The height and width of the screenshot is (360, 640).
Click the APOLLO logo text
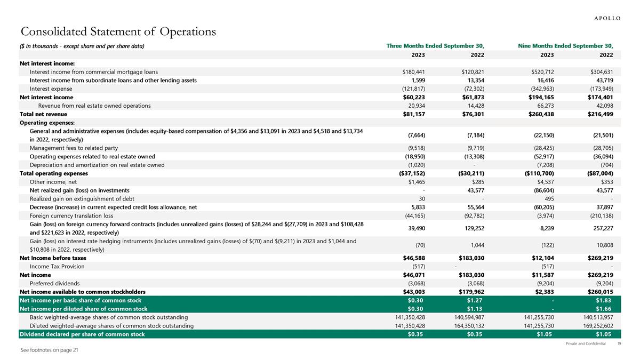(x=607, y=18)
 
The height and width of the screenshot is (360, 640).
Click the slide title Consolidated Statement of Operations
(x=118, y=32)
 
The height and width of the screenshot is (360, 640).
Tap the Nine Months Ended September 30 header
(x=565, y=46)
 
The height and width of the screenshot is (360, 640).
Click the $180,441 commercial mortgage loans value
(x=413, y=72)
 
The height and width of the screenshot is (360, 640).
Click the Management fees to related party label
(x=74, y=148)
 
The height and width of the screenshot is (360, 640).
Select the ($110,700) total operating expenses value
(x=540, y=173)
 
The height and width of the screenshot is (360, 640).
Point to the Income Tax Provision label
(x=57, y=266)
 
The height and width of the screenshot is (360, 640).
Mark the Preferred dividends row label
(x=55, y=283)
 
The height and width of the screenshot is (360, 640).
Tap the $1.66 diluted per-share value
(x=604, y=308)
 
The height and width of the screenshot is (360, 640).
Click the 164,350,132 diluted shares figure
(x=466, y=325)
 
